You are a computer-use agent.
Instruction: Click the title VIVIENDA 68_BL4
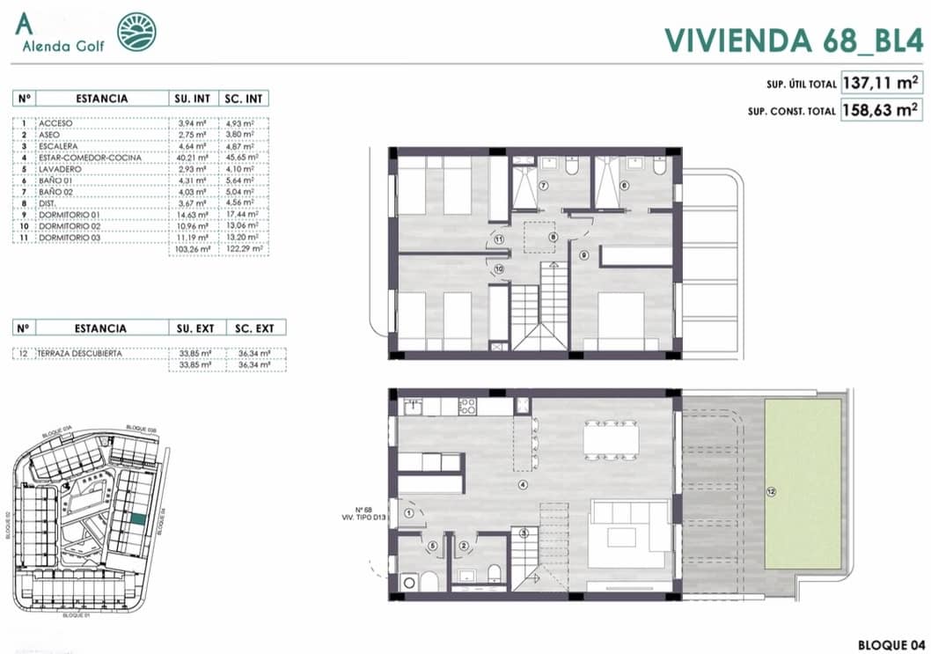[x=792, y=40]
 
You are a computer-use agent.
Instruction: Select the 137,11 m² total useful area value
[x=881, y=84]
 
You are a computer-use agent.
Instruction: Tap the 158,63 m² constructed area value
[x=881, y=112]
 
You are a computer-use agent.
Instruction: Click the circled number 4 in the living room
[x=522, y=485]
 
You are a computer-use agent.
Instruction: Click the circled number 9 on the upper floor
[x=583, y=256]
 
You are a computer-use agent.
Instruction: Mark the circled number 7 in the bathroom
[x=543, y=186]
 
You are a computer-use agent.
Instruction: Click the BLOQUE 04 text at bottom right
[x=889, y=643]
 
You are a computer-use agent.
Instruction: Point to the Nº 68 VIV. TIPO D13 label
[x=369, y=514]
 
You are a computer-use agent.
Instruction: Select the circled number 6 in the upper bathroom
[x=625, y=186]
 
